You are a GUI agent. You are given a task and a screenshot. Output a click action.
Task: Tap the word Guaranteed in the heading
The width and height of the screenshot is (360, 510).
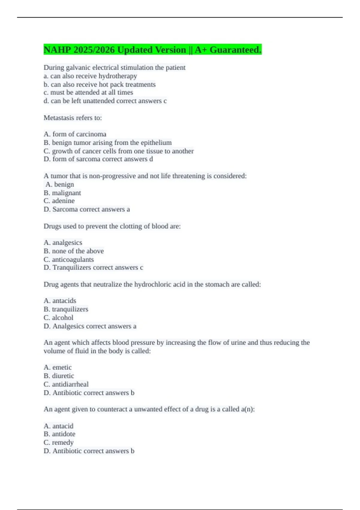click(x=235, y=50)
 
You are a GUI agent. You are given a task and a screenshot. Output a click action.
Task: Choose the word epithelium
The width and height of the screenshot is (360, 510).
click(x=155, y=142)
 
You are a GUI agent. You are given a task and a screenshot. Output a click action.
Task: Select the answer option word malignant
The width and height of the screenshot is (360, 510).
click(x=66, y=193)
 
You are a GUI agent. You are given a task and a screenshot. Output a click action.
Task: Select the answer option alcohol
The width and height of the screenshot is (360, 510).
click(x=62, y=317)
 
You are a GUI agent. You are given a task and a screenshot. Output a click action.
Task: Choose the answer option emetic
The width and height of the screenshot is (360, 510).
click(x=62, y=367)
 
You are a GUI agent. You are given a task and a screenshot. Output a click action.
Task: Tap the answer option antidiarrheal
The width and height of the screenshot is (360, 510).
click(x=70, y=384)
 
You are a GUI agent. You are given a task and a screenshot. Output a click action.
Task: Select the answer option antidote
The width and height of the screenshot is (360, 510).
click(x=64, y=434)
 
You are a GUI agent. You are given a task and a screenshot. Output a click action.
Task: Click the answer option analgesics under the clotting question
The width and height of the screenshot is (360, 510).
click(x=67, y=242)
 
